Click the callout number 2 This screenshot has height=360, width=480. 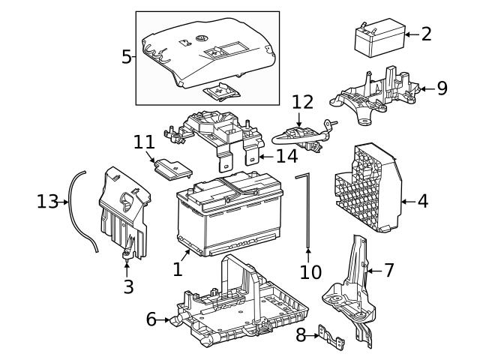click(x=426, y=34)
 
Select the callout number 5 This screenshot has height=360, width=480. click(x=127, y=57)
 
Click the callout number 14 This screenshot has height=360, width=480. click(x=286, y=156)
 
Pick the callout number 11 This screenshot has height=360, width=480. click(x=143, y=142)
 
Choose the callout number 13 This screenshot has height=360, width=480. click(x=47, y=202)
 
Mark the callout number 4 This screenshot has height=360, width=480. click(x=422, y=202)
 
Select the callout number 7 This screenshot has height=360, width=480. click(x=388, y=270)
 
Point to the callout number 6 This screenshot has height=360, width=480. click(x=151, y=319)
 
